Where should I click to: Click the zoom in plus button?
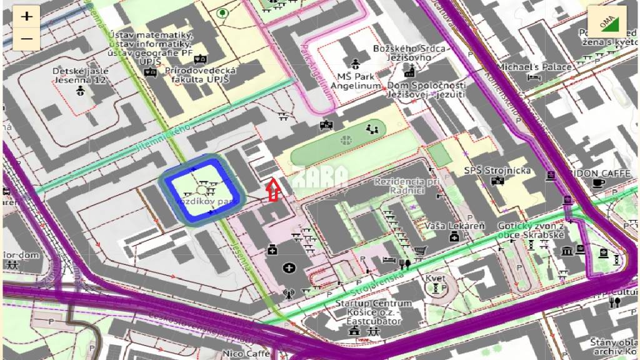26,17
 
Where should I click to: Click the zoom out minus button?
26,39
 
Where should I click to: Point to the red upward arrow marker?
272,190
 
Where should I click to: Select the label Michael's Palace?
534,67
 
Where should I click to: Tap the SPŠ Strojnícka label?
497,171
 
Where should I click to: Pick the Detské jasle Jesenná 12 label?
81,76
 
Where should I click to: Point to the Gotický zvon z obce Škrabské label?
531,230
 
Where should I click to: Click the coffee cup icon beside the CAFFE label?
599,183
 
